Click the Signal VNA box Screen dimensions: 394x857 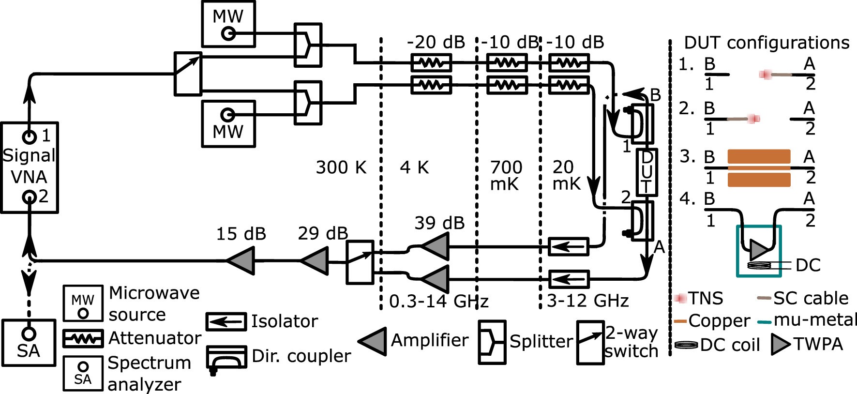pyautogui.click(x=29, y=167)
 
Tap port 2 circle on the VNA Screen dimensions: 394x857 pyautogui.click(x=30, y=197)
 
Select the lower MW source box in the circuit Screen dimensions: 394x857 pyautogui.click(x=228, y=123)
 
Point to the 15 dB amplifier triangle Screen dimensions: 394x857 pyautogui.click(x=241, y=261)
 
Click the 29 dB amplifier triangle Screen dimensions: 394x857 pyautogui.click(x=315, y=261)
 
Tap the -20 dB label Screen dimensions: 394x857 pyautogui.click(x=436, y=43)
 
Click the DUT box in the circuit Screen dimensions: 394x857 pyautogui.click(x=647, y=172)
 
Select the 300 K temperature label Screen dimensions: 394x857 pyautogui.click(x=341, y=167)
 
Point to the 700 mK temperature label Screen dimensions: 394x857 pyautogui.click(x=506, y=175)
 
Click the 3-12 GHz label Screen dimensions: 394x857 pyautogui.click(x=587, y=301)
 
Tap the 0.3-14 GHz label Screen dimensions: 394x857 pyautogui.click(x=438, y=301)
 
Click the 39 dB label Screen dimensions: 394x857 pyautogui.click(x=439, y=223)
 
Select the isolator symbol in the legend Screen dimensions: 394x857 pyautogui.click(x=226, y=321)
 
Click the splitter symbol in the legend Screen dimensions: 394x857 pyautogui.click(x=492, y=342)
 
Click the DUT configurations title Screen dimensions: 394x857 pyautogui.click(x=767, y=43)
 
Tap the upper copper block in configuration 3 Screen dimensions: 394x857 pyautogui.click(x=759, y=157)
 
